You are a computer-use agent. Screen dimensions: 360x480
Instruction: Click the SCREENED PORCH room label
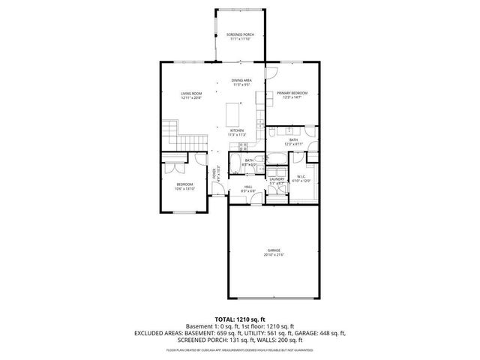point(240,34)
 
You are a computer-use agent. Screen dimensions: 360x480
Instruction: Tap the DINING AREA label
point(241,80)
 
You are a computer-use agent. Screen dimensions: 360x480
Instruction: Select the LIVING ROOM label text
point(191,94)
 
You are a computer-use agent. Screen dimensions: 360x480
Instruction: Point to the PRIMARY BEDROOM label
point(292,94)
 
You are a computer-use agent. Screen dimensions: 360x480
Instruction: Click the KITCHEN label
point(236,130)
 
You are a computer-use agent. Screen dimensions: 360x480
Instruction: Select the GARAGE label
point(274,250)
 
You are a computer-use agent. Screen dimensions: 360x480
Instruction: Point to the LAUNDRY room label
point(276,179)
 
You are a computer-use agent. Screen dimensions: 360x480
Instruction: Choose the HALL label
point(248,187)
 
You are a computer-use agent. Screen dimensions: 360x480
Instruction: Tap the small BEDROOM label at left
point(184,184)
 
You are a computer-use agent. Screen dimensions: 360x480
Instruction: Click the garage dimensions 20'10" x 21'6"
point(274,255)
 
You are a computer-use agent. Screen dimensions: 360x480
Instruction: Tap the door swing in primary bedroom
point(273,73)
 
